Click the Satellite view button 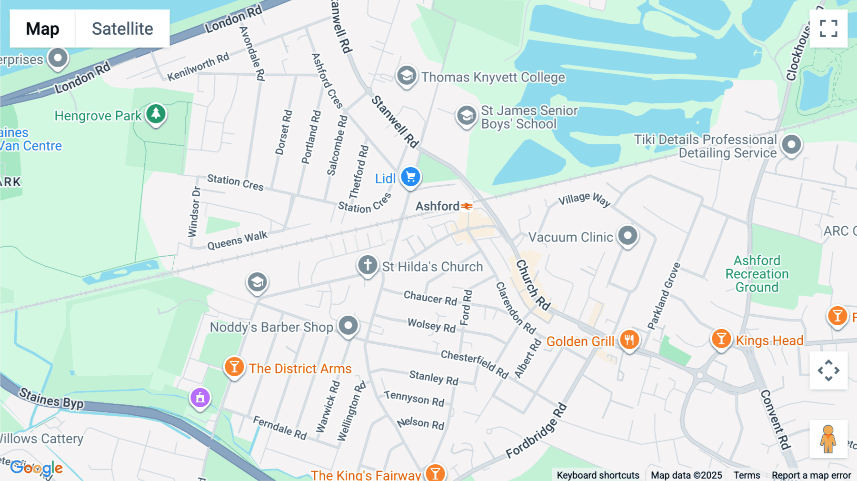122,29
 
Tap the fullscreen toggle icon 828,29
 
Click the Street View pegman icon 828,439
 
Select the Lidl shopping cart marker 410,177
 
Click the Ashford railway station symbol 467,206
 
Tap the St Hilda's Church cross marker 368,265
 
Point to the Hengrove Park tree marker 156,114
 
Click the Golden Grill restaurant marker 629,340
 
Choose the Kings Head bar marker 721,339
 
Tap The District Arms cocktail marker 234,367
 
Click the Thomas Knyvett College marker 407,76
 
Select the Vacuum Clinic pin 628,235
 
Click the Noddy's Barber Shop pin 348,326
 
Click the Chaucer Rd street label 430,298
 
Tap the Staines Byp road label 51,398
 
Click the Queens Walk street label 237,240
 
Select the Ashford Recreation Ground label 757,274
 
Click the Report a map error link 811,475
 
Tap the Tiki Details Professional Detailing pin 791,144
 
